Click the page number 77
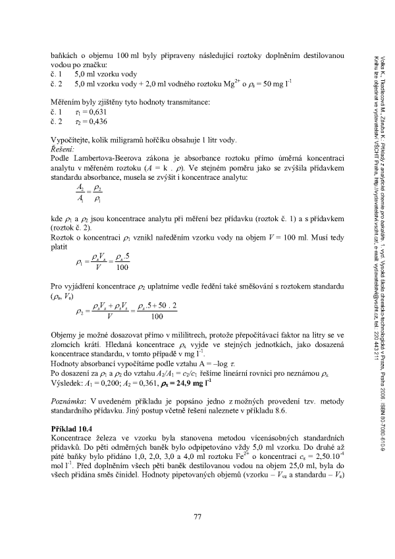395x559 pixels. coord(197,515)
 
